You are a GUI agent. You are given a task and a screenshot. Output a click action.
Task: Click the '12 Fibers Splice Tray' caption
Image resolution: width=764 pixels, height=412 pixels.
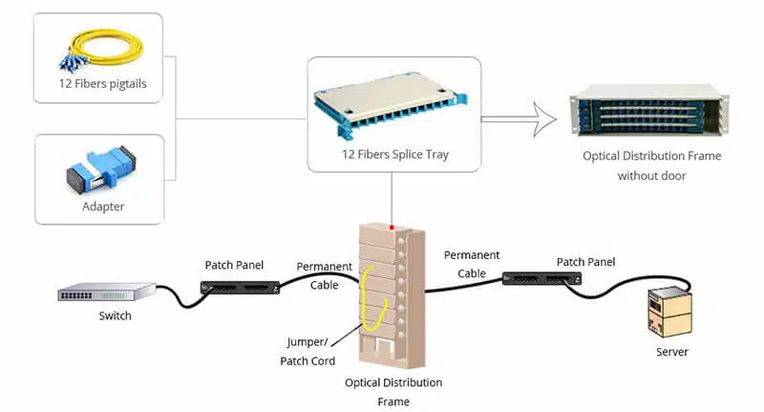pos(394,154)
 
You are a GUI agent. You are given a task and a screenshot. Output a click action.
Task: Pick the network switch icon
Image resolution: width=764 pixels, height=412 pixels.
pos(106,293)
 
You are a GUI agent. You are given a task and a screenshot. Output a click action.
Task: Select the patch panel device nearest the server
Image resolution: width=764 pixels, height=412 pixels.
pos(541,277)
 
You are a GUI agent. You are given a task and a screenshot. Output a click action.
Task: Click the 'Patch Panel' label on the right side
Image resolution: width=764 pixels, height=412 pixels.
pos(585,261)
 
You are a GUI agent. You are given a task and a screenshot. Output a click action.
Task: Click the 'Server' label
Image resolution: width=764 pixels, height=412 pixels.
pos(671,352)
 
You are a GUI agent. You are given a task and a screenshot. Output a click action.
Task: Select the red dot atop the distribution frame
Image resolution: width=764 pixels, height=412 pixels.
pos(392,228)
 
